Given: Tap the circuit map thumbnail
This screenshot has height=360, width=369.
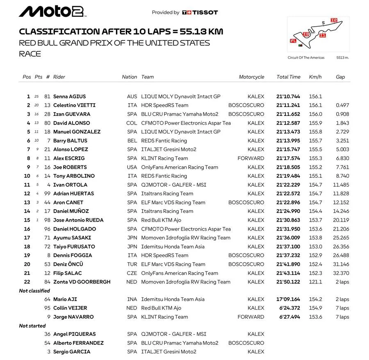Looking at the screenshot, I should click(x=318, y=34).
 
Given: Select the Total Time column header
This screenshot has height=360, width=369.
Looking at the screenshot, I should click(x=288, y=77).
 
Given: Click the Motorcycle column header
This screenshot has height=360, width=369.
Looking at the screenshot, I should click(x=251, y=77).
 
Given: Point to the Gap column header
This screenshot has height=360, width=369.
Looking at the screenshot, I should click(x=340, y=77).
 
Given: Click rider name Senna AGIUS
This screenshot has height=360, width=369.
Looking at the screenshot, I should click(x=69, y=97).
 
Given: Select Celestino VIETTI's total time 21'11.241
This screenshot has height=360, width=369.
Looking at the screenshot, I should click(x=288, y=105).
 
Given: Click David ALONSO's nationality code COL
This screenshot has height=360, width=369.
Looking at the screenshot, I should click(x=132, y=123).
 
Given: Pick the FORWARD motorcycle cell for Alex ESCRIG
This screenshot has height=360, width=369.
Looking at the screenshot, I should click(x=251, y=158).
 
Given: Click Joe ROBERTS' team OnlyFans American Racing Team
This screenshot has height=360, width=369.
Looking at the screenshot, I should click(x=180, y=167).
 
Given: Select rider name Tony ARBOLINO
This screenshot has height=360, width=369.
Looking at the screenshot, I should click(x=74, y=176).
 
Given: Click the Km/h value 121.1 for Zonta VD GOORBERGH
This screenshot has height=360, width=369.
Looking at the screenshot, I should click(x=315, y=282).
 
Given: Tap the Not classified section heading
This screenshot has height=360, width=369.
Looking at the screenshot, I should click(x=34, y=291).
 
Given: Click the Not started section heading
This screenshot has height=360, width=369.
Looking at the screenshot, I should click(x=32, y=326).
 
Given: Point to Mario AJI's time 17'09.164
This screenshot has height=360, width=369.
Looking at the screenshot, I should click(x=288, y=299).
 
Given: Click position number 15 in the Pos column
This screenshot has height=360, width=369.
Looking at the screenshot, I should click(x=27, y=220).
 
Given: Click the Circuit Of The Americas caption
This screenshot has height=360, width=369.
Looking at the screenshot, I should click(x=306, y=58).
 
